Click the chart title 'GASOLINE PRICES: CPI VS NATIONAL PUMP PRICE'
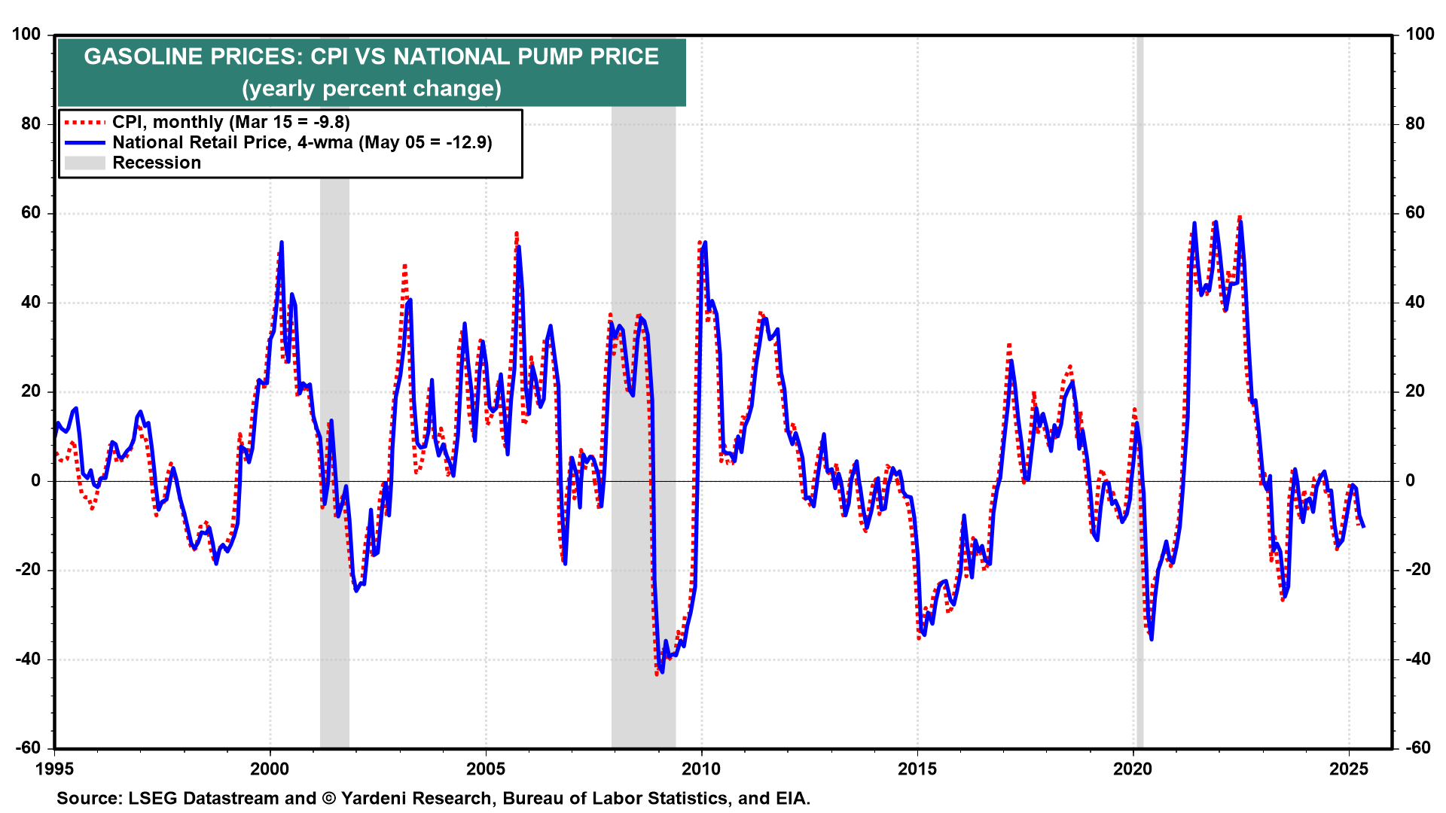click(x=371, y=56)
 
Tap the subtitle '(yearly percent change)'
click(x=371, y=88)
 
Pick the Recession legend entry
click(x=157, y=163)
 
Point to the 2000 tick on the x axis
click(x=270, y=769)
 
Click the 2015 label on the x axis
click(x=917, y=769)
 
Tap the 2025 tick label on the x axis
click(x=1349, y=769)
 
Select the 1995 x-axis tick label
click(x=54, y=769)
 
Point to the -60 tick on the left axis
click(x=28, y=748)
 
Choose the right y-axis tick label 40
click(x=1415, y=302)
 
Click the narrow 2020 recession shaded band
click(x=1139, y=376)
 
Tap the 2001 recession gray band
click(x=334, y=376)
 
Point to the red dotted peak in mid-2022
click(x=1239, y=218)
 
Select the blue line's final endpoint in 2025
click(x=1364, y=526)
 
